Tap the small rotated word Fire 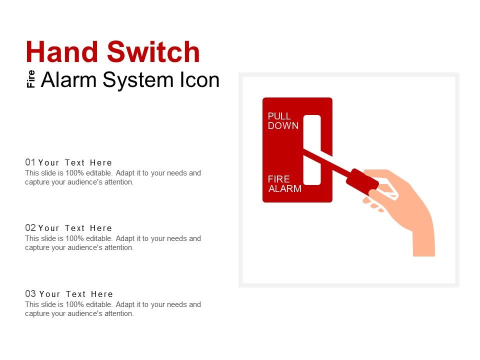click(x=31, y=79)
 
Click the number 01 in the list click(x=30, y=162)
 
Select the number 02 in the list click(x=30, y=228)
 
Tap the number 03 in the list click(x=30, y=294)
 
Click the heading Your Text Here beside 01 click(x=75, y=162)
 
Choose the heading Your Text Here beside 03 click(x=76, y=294)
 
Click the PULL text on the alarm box click(x=279, y=116)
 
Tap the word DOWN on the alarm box click(x=283, y=126)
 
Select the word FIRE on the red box click(x=278, y=179)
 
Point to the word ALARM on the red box click(x=285, y=189)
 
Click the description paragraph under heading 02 click(x=113, y=243)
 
